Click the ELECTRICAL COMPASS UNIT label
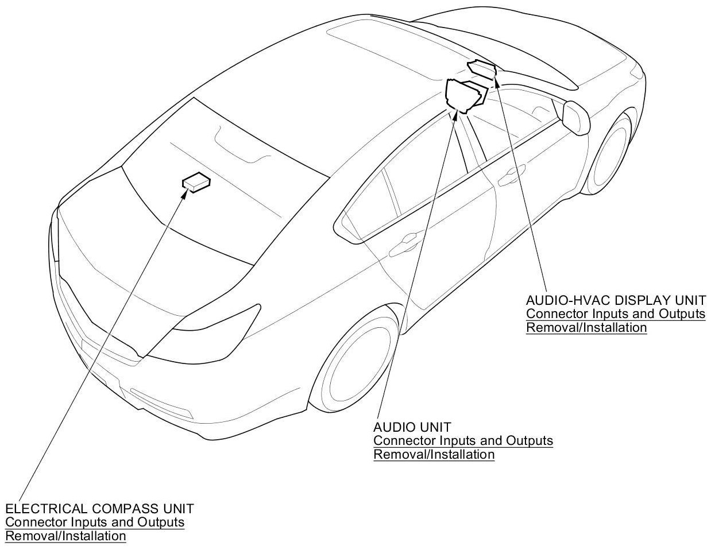99,509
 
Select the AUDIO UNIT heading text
412,428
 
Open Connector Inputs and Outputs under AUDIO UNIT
463,441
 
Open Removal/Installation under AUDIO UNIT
434,455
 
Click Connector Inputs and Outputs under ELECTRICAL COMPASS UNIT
95,522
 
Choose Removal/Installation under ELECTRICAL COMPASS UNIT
65,536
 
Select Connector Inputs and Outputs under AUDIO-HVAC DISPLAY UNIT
616,314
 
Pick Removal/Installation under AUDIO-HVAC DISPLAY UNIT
586,328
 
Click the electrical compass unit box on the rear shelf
196,182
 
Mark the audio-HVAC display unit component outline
482,69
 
